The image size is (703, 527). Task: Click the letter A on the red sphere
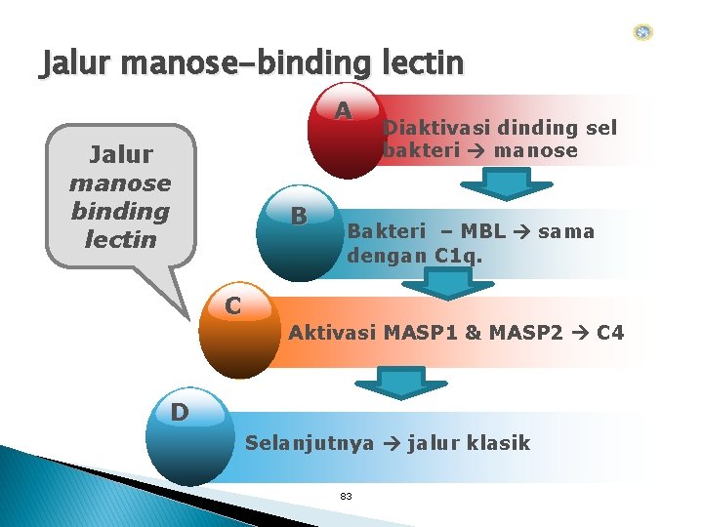(343, 111)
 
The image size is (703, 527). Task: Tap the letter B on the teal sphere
(300, 215)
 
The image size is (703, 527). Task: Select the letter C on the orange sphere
(232, 305)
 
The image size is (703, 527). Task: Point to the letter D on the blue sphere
(180, 412)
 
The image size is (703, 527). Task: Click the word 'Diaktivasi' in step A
(435, 127)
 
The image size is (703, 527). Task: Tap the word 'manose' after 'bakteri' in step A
(535, 151)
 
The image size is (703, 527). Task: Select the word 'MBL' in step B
(483, 232)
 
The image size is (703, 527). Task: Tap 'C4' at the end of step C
(609, 333)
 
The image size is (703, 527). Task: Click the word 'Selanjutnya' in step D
(310, 443)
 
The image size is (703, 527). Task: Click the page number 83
(346, 497)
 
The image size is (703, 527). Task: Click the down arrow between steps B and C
(448, 283)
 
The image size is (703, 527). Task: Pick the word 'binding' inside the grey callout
(120, 211)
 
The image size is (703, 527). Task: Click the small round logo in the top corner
(642, 32)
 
